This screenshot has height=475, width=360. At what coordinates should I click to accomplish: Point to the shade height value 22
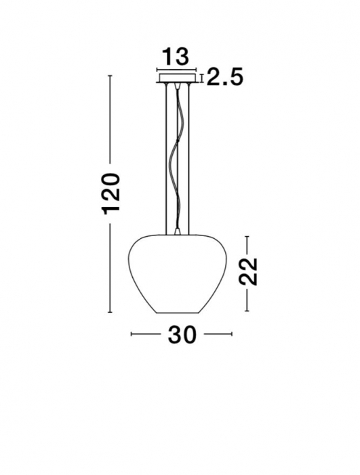tap(248, 271)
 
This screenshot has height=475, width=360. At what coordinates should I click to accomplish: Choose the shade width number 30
tap(181, 335)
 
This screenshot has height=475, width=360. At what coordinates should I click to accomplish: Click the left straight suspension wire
tap(164, 156)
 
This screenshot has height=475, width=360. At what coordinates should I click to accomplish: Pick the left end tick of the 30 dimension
tap(131, 334)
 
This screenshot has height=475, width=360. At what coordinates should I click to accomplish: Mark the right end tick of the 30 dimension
tap(231, 334)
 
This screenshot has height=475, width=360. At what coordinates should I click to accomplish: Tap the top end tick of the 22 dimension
tap(248, 235)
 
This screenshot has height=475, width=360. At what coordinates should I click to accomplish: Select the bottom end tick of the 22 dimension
tap(248, 312)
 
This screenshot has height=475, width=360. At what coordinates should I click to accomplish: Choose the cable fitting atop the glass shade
tap(177, 231)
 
